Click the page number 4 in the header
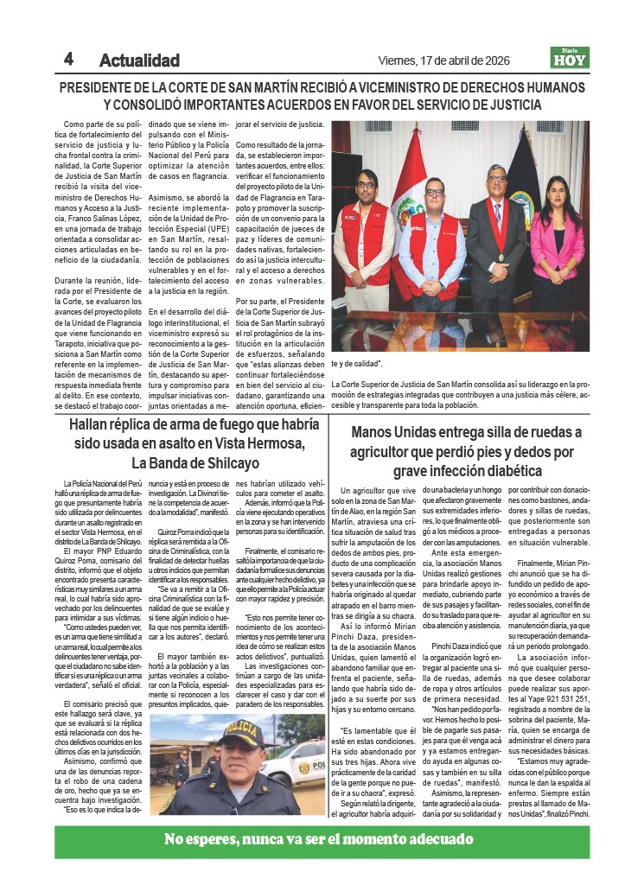pyautogui.click(x=68, y=60)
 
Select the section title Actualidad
pyautogui.click(x=139, y=60)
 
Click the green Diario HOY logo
pyautogui.click(x=570, y=58)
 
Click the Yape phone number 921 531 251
pyautogui.click(x=564, y=723)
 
